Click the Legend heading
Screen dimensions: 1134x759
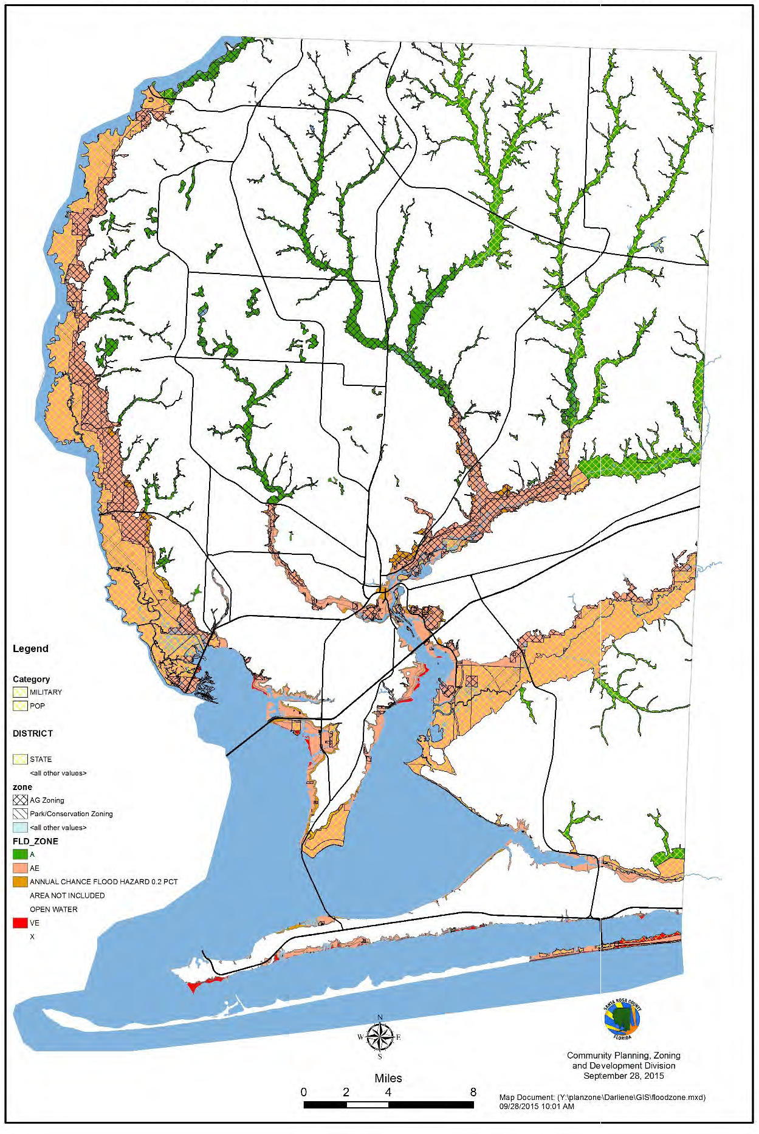pos(30,648)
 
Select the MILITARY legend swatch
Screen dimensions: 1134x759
pos(20,692)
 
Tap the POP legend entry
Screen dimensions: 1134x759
pos(20,706)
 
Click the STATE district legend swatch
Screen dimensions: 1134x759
pos(20,759)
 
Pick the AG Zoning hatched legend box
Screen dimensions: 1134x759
pos(20,800)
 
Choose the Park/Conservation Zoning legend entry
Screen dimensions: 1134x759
pos(71,814)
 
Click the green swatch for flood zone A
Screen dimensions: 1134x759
pos(20,854)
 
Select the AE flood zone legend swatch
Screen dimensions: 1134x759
pos(20,868)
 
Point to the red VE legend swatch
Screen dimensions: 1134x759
pos(20,923)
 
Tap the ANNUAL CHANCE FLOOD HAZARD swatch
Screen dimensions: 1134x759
pos(20,882)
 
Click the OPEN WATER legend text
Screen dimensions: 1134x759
pos(53,909)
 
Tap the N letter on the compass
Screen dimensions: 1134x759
pos(380,1017)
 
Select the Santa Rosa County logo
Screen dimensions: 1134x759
pos(622,1020)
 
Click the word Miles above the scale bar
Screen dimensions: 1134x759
pos(388,1078)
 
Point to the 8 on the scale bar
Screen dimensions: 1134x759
pos(473,1092)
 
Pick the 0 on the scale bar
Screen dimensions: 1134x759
pos(304,1092)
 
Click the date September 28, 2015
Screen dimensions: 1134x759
pos(623,1076)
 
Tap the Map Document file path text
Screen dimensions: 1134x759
pos(602,1098)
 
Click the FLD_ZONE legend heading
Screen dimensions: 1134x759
pos(35,841)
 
